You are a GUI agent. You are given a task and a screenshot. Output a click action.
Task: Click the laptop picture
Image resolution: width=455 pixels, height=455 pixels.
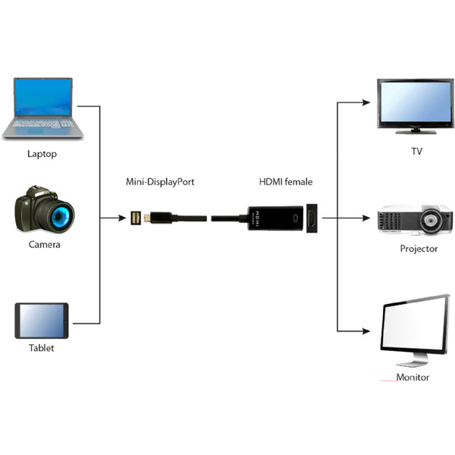click(x=43, y=108)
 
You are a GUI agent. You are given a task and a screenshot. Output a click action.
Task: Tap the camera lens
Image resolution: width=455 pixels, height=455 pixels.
click(x=60, y=215)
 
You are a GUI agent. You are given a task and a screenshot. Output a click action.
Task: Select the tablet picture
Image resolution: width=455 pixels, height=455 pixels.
click(x=42, y=321)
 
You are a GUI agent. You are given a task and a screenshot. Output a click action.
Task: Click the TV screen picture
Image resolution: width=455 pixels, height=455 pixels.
click(x=416, y=105)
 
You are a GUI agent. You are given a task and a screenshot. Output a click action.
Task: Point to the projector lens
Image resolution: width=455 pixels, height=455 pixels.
click(x=430, y=220)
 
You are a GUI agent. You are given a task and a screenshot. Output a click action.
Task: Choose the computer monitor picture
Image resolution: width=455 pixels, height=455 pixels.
click(x=415, y=331)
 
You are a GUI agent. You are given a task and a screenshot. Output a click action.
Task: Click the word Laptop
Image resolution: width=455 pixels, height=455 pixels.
click(x=42, y=154)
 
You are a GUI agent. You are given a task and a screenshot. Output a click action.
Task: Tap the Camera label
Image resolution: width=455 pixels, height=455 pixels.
click(x=45, y=244)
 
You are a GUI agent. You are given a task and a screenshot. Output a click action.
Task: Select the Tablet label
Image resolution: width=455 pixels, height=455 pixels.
click(x=41, y=347)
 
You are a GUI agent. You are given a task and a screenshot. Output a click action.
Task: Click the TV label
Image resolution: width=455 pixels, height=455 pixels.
click(x=416, y=151)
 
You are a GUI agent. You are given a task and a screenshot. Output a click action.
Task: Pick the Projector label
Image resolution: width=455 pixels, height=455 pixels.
click(x=419, y=249)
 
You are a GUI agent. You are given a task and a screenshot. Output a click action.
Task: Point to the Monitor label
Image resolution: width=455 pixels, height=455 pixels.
click(x=413, y=377)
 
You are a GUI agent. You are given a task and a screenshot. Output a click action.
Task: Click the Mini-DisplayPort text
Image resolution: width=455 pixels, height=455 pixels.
click(x=160, y=182)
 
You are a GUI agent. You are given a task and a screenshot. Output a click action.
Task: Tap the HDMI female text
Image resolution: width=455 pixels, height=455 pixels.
click(x=286, y=182)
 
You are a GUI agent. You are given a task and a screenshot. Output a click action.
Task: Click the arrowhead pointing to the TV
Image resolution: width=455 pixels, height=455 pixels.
click(x=366, y=102)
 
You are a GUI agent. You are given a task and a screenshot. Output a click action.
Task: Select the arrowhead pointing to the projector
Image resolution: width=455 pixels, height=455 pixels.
click(x=366, y=218)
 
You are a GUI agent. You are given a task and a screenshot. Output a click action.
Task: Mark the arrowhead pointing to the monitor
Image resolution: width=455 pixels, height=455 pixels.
click(x=366, y=331)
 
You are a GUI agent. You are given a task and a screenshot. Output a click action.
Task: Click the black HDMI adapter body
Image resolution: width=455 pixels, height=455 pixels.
click(x=275, y=218)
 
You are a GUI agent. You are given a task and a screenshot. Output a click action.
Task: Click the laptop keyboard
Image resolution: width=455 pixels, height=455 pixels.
click(x=43, y=124)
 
